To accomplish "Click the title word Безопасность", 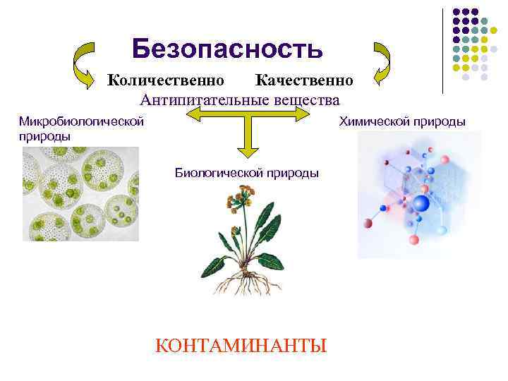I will (x=227, y=48).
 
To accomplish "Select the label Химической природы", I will (x=402, y=121).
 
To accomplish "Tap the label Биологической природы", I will (x=246, y=172).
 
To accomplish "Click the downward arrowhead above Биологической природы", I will (x=246, y=150).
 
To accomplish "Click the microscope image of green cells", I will (x=80, y=194).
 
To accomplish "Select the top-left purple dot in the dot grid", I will (x=456, y=12).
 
